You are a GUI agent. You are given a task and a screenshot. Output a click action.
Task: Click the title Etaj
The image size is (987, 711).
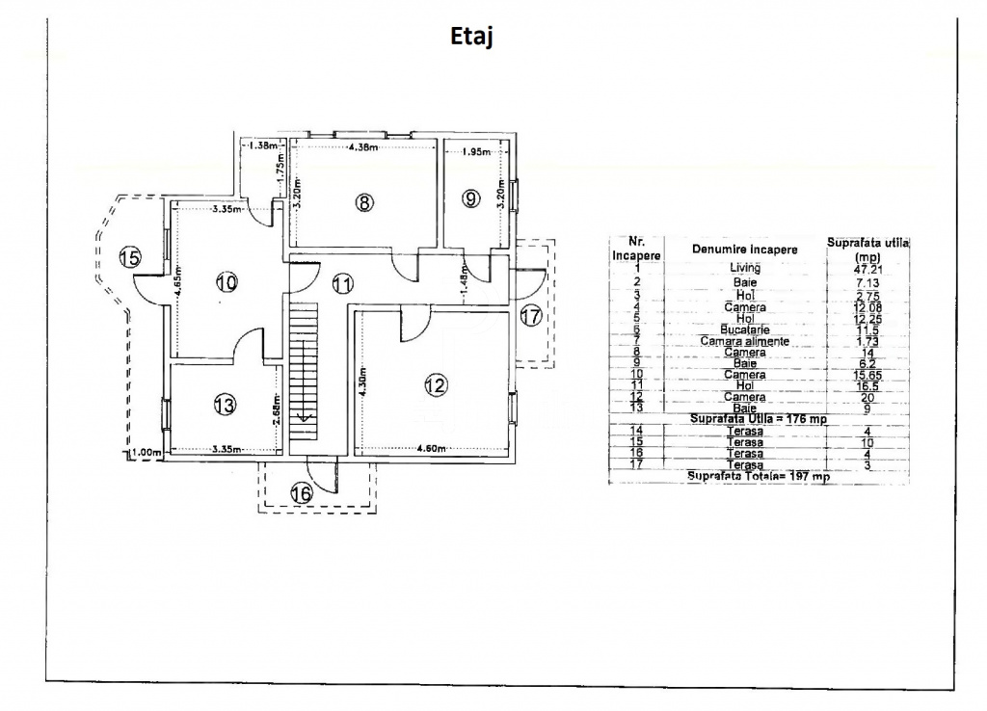click(472, 37)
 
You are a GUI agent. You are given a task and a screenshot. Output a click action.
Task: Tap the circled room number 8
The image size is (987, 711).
click(362, 202)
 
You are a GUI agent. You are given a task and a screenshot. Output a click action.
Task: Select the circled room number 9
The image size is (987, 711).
click(469, 198)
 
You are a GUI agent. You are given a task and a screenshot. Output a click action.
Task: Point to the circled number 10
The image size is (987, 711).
click(227, 282)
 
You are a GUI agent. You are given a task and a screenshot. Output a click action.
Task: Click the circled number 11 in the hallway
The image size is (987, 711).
click(342, 283)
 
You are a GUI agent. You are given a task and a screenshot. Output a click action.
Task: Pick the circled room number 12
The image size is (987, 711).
click(436, 385)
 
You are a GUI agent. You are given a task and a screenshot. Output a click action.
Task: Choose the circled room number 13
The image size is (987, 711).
click(225, 406)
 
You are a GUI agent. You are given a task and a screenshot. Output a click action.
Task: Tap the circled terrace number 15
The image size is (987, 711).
click(130, 256)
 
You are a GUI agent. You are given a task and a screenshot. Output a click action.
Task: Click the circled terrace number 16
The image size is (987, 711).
click(302, 493)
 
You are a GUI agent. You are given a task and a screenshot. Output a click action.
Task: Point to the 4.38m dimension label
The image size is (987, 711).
click(363, 147)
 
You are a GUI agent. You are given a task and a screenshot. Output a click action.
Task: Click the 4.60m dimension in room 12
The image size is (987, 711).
click(431, 448)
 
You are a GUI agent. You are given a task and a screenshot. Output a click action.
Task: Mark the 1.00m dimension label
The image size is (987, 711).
click(146, 452)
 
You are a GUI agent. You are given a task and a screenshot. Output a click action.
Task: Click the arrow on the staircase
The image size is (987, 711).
click(302, 415)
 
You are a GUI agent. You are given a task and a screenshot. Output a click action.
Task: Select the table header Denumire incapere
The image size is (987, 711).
click(744, 250)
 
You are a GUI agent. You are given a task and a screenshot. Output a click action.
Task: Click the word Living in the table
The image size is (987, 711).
click(744, 268)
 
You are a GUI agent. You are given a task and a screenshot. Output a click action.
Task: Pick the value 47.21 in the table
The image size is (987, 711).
click(869, 270)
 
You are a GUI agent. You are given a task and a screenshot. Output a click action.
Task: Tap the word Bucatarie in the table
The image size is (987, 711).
click(745, 329)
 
